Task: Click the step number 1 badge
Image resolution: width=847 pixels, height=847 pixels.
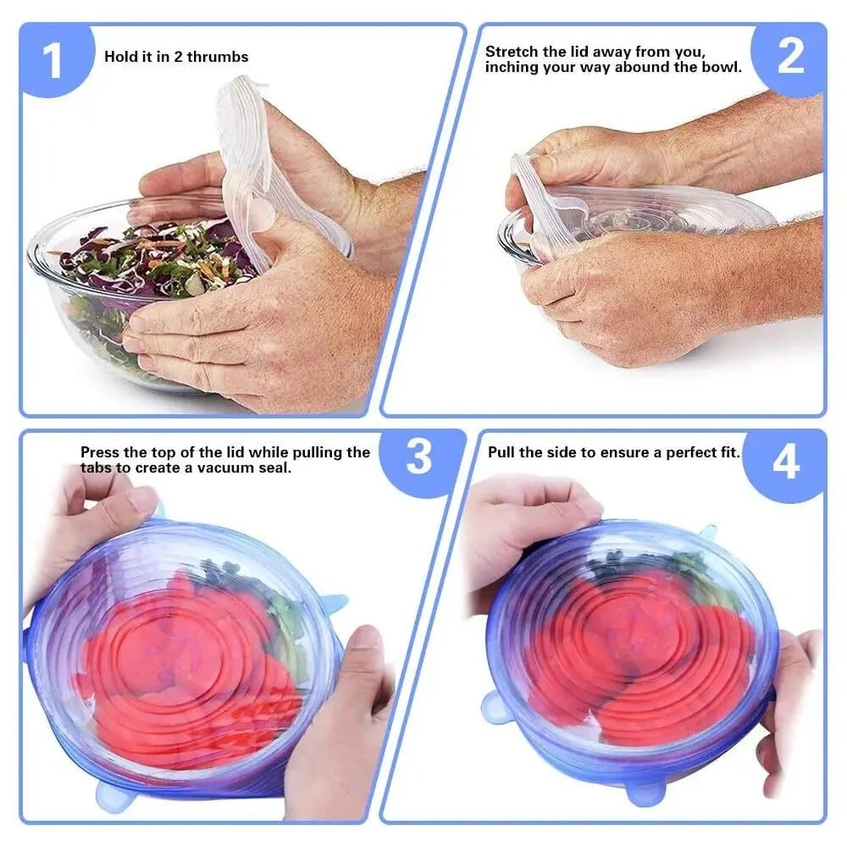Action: [53, 61]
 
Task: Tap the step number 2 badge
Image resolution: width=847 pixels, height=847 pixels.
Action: [789, 57]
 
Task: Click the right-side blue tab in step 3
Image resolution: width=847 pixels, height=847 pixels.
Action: [332, 603]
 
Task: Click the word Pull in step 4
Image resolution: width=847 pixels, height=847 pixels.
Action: [501, 452]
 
